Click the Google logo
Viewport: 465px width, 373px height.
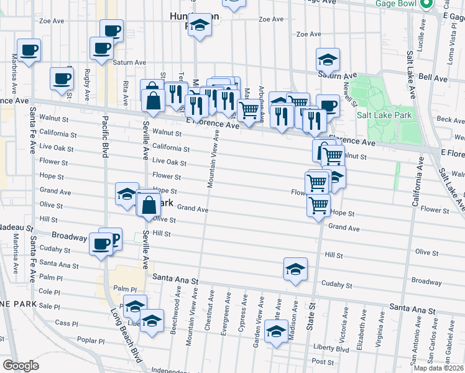click(x=21, y=366)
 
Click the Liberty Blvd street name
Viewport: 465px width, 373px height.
click(x=331, y=349)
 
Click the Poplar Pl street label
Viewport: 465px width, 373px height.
click(x=91, y=341)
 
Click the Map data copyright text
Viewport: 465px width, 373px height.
click(x=438, y=368)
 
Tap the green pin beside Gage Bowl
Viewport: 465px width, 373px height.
click(x=426, y=4)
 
